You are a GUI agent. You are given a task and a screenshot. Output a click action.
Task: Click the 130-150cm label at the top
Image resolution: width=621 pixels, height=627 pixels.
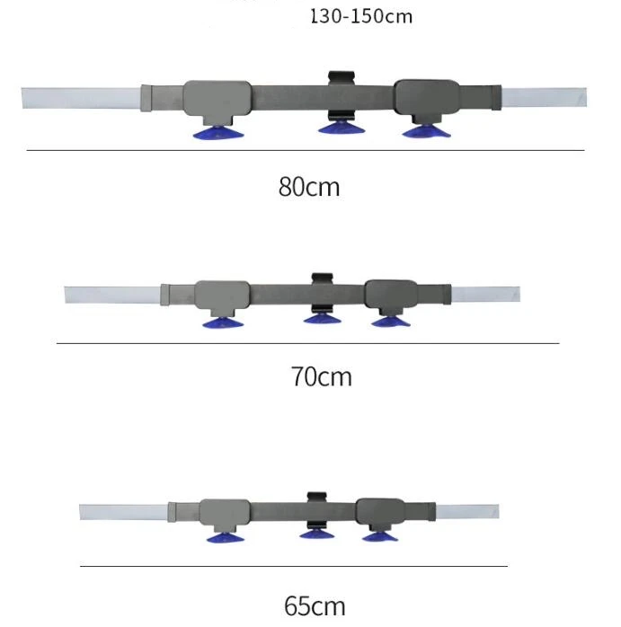point(361,16)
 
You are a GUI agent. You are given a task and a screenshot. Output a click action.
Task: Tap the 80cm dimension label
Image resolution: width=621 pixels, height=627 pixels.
point(309,187)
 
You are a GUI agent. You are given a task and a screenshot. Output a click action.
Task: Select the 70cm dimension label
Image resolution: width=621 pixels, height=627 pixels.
point(321,376)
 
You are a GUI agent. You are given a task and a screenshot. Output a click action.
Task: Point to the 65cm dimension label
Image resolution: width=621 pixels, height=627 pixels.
point(315,605)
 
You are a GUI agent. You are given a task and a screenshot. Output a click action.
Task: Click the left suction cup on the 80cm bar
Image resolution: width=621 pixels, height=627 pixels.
point(219,134)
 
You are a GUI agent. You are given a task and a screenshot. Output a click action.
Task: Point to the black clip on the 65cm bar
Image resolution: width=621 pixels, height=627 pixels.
point(315,499)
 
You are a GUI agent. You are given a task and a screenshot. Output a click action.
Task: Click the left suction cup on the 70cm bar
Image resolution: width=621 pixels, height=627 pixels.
point(223,322)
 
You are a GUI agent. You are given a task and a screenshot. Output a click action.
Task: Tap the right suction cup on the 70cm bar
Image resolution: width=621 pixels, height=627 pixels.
point(388,321)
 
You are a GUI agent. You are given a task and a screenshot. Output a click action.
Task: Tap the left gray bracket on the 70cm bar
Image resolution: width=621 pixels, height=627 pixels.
point(223,296)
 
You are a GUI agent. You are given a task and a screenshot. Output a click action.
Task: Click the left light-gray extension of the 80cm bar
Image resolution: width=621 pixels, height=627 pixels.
point(81,98)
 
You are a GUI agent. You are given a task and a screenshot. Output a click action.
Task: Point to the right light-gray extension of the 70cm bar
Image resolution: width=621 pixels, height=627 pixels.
point(485,295)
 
